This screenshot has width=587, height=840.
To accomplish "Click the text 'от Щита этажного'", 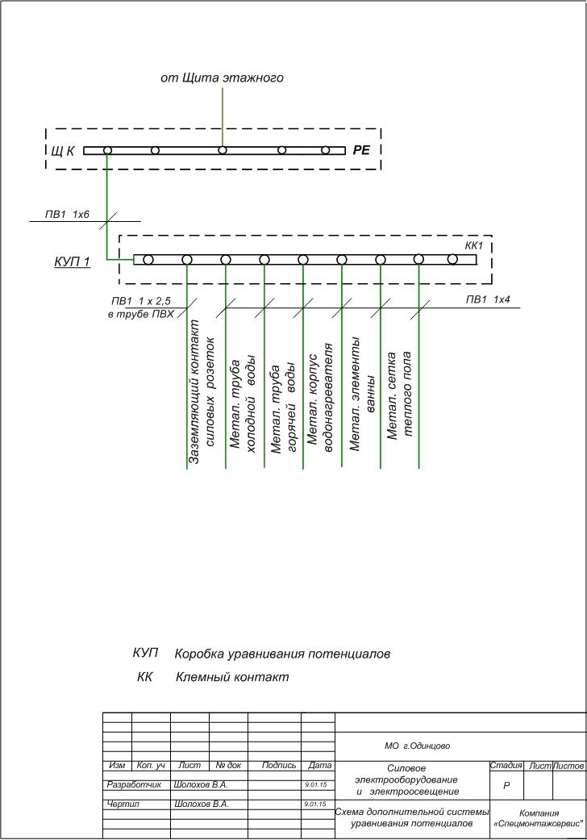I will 222,77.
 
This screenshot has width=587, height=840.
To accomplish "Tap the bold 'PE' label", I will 360,150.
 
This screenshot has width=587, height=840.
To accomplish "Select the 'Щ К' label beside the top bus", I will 64,151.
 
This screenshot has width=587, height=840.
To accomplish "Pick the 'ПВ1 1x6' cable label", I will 67,215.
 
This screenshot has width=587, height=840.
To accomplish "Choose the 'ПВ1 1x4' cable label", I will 488,300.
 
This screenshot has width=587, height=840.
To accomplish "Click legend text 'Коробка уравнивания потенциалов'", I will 282,654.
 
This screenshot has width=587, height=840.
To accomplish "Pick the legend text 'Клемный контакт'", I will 232,677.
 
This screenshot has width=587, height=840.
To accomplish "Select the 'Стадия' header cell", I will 506,764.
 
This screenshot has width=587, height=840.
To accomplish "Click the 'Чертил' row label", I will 123,804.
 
